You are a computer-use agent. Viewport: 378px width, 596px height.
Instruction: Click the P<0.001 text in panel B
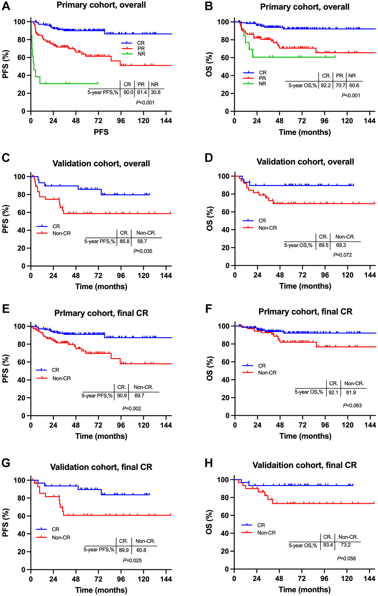click(x=351, y=95)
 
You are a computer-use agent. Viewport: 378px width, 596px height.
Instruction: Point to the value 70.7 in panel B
click(x=340, y=85)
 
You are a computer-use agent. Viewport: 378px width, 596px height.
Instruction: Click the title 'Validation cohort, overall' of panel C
click(x=101, y=164)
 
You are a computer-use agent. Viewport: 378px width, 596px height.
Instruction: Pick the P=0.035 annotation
click(x=143, y=251)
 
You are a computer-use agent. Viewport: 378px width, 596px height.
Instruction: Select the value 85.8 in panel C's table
click(x=125, y=241)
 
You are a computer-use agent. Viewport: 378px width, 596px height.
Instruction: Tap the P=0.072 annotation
click(x=342, y=255)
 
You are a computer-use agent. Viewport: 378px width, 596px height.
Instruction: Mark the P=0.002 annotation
click(x=132, y=409)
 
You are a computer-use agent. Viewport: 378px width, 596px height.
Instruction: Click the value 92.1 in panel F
click(x=334, y=392)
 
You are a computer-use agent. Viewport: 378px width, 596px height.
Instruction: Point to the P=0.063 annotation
click(x=352, y=405)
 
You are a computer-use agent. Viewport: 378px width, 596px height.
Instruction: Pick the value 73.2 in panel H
click(x=346, y=545)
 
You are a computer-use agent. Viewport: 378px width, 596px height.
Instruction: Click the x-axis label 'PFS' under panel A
click(x=101, y=132)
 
